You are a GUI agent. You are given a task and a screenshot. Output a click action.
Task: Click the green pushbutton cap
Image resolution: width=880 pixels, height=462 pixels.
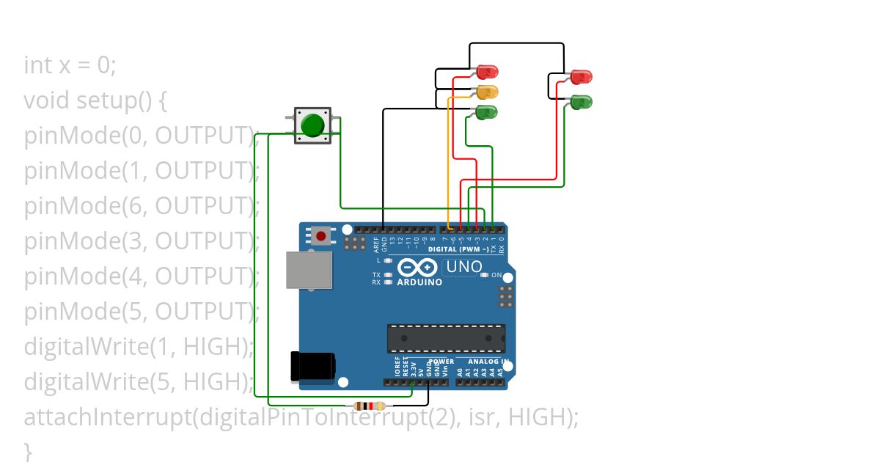313,125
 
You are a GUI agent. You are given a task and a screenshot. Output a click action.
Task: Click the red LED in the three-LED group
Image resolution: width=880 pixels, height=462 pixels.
487,72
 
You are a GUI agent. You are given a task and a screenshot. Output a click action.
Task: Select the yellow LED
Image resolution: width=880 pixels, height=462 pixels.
487,92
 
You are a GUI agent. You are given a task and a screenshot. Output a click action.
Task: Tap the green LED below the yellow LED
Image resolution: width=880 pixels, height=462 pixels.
487,112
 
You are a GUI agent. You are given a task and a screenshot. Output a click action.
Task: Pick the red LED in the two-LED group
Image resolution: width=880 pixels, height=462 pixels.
581,76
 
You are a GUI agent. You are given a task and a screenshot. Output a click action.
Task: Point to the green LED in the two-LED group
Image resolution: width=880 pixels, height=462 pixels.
581,101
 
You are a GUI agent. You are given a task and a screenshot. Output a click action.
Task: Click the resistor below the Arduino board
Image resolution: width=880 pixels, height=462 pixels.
369,406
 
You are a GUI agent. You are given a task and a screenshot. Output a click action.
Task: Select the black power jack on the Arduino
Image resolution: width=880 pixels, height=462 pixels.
313,366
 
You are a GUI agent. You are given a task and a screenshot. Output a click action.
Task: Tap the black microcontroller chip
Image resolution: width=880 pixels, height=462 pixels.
446,338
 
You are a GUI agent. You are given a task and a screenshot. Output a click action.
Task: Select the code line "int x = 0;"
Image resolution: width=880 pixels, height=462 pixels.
70,65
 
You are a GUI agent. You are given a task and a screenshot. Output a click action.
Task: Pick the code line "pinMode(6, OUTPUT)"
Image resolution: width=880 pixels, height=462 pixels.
139,206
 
